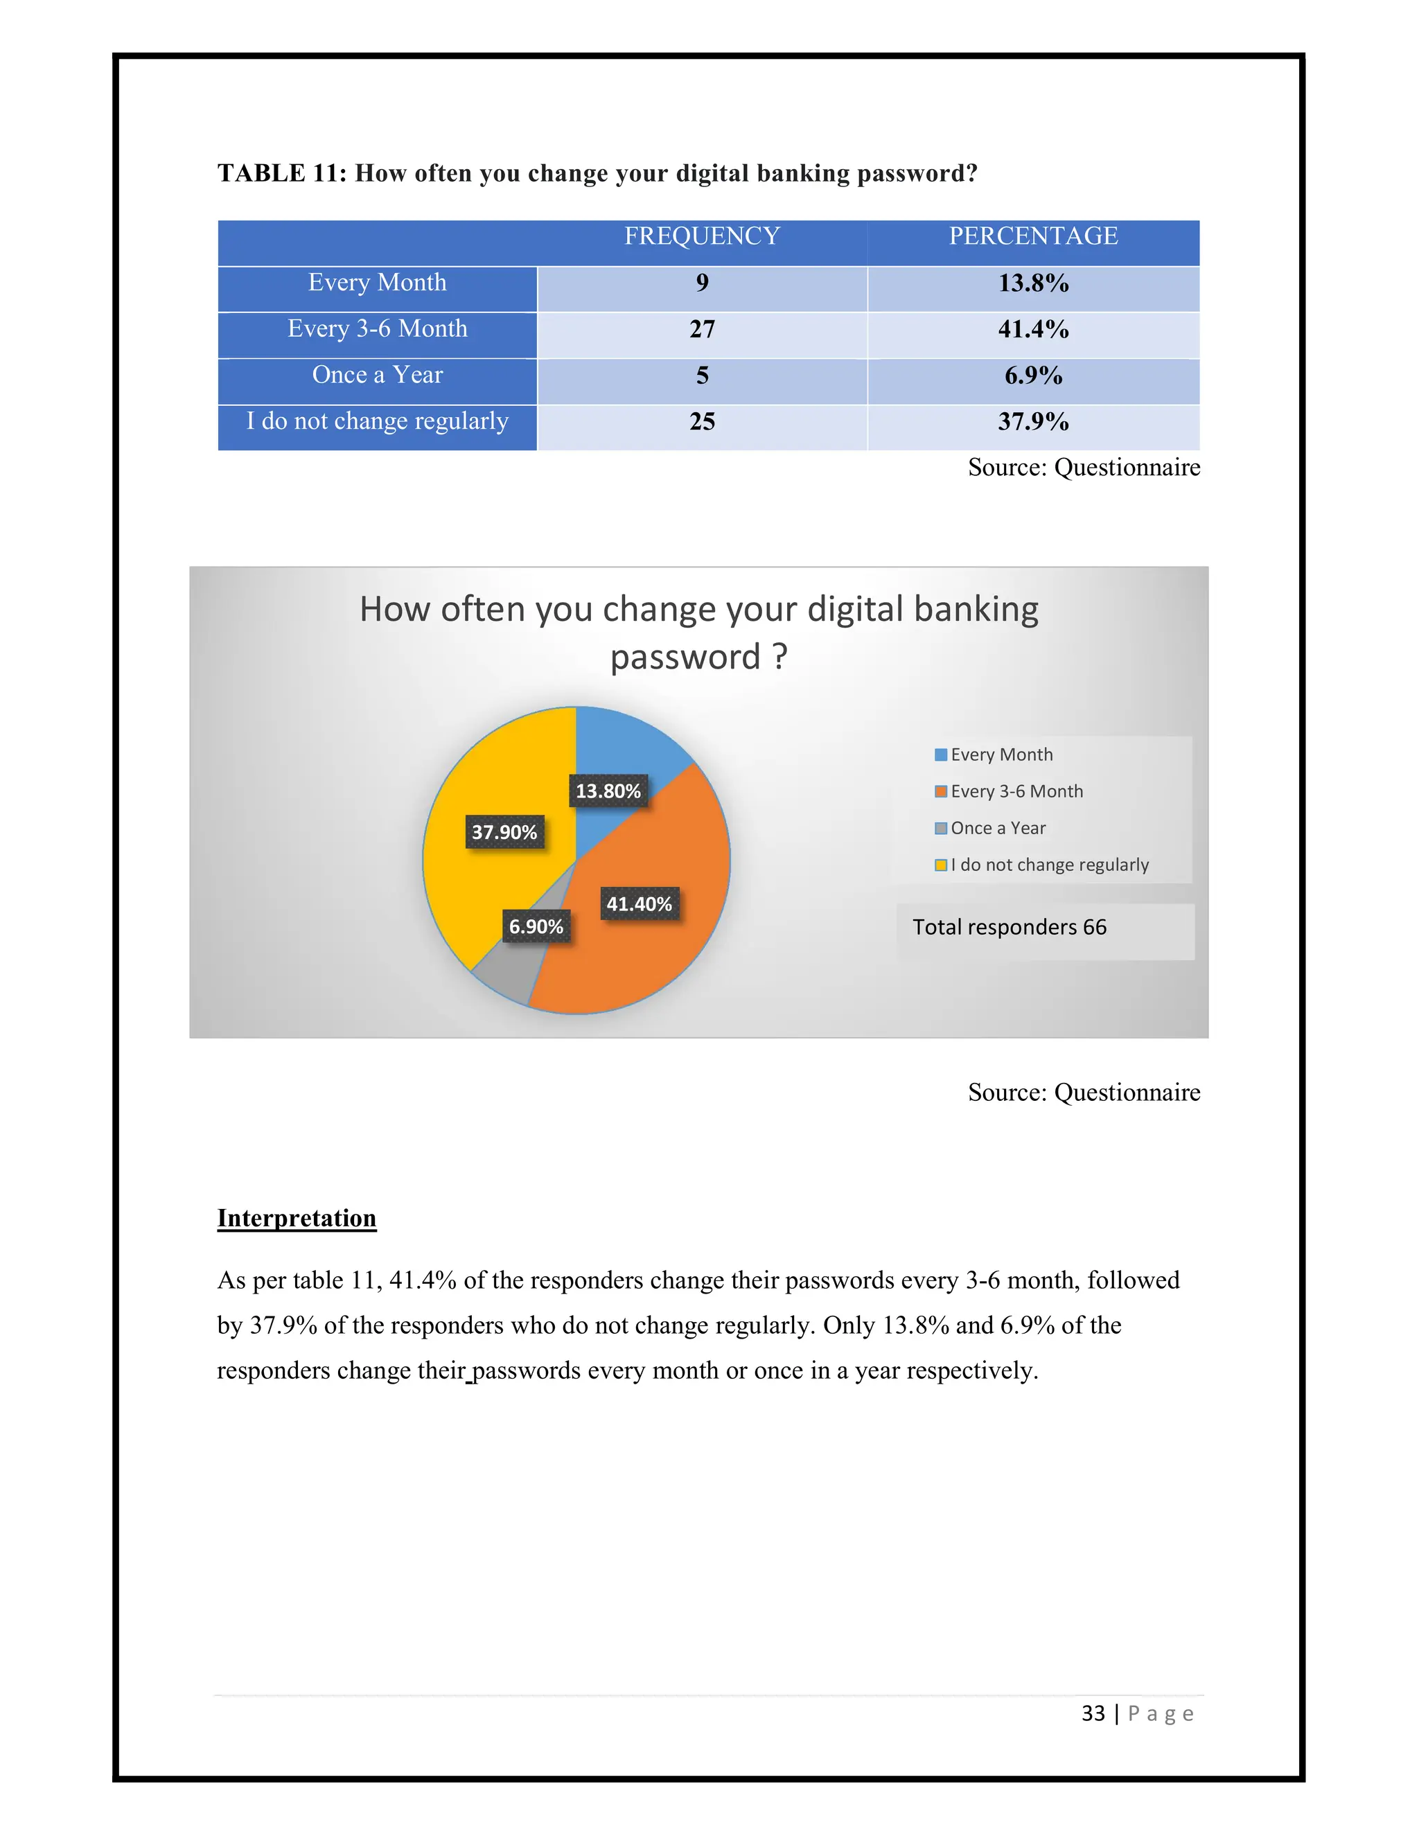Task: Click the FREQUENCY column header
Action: click(702, 236)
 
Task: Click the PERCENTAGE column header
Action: click(1033, 236)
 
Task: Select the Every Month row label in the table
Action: click(377, 283)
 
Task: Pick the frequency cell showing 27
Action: click(702, 328)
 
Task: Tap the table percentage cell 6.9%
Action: click(1033, 375)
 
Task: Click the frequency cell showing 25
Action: click(702, 421)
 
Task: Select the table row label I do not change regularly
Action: click(377, 421)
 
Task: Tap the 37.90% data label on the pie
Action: click(504, 832)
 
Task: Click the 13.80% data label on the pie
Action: click(608, 791)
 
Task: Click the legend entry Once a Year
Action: click(998, 828)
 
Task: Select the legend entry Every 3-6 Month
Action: click(1016, 791)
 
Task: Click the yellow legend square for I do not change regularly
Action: click(941, 865)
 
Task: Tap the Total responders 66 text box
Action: click(1009, 927)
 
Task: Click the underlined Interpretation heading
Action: click(296, 1218)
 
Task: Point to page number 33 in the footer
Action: click(1093, 1713)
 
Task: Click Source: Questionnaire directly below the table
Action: click(1084, 468)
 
